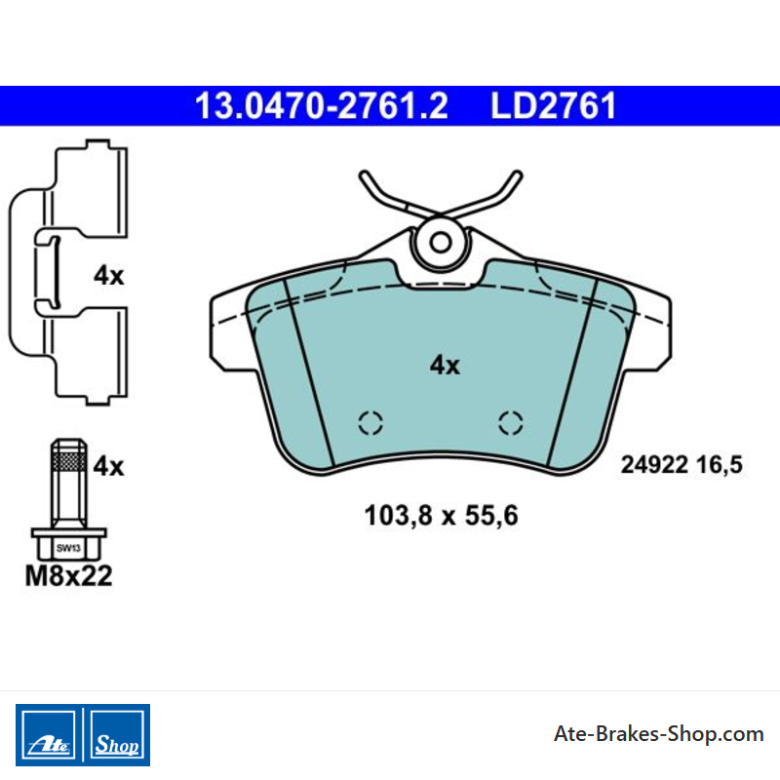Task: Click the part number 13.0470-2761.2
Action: pos(322,106)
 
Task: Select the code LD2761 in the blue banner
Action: pos(553,106)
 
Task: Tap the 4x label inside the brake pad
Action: pos(445,365)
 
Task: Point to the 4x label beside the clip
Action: pos(108,275)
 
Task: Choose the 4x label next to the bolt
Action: pos(108,466)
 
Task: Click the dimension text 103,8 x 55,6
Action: pos(442,516)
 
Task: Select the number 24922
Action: pos(654,465)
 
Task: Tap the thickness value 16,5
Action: pos(720,465)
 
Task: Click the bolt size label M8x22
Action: pos(68,576)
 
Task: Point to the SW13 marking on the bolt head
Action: pos(68,548)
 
